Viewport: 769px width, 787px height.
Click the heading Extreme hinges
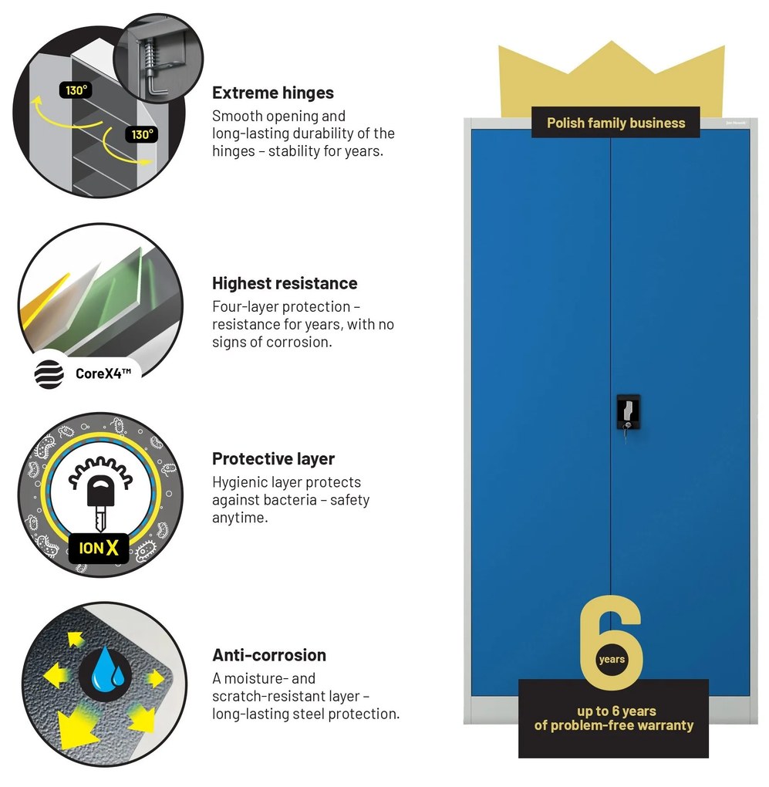click(x=273, y=93)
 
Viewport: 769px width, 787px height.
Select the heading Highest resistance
click(x=285, y=283)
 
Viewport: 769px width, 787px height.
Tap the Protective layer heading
click(x=273, y=459)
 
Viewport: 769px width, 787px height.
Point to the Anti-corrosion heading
click(x=269, y=655)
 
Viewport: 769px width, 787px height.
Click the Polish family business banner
click(x=616, y=123)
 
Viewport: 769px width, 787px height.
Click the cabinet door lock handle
click(x=628, y=413)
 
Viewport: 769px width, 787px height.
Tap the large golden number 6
click(x=611, y=643)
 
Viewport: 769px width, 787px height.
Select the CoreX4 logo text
click(x=103, y=373)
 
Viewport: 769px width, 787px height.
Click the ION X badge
click(x=98, y=548)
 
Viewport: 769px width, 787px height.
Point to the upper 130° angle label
click(x=76, y=90)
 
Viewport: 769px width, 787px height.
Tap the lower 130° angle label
click(x=141, y=134)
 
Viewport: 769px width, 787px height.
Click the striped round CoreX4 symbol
click(x=49, y=374)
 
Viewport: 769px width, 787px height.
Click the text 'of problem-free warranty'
click(x=613, y=725)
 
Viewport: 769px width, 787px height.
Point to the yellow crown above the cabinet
click(x=612, y=76)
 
